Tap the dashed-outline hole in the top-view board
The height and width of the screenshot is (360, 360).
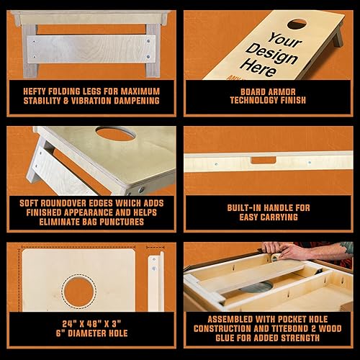pyautogui.click(x=79, y=292)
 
